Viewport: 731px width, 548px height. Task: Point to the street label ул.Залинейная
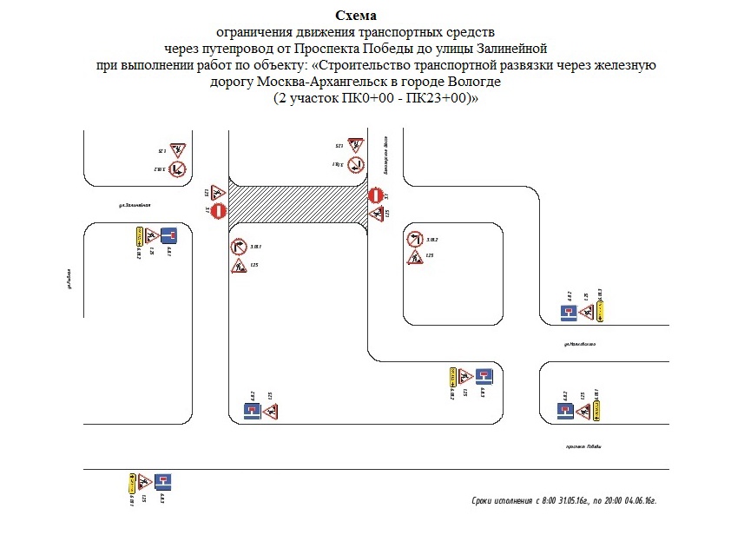click(x=135, y=205)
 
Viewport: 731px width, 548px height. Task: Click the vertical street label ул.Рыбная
click(x=67, y=279)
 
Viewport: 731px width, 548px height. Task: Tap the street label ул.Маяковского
click(x=579, y=345)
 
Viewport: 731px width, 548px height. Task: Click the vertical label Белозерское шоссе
click(x=384, y=145)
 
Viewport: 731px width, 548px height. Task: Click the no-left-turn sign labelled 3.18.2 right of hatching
click(x=415, y=239)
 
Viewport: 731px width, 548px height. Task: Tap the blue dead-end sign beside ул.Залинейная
click(x=168, y=234)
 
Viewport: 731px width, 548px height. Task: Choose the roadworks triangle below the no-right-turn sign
click(x=239, y=266)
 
